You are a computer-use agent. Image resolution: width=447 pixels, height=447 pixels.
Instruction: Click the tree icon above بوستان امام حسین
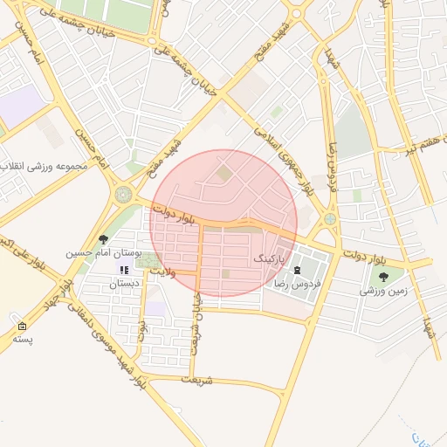(104, 239)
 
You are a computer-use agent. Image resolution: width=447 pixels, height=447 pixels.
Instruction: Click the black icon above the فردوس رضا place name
(299, 271)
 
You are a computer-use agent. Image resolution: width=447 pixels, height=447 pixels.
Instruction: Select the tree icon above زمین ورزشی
(383, 278)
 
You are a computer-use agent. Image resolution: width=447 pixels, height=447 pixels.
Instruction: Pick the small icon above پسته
(21, 327)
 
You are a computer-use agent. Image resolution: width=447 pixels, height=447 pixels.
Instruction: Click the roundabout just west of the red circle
(123, 194)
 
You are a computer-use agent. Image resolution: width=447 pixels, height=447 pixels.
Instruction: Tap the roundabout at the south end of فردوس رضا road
(330, 219)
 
